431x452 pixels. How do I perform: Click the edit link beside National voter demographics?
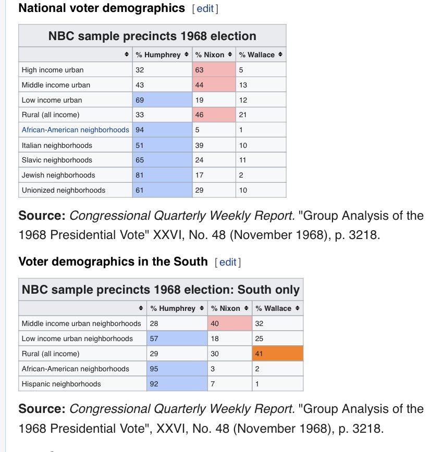pos(205,9)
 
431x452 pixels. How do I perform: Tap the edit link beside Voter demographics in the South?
pos(228,262)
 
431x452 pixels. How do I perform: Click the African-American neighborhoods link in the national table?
pos(75,130)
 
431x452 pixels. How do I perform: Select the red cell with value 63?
pos(214,70)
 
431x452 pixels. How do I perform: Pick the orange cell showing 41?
pos(278,354)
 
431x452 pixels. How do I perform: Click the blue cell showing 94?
pos(163,130)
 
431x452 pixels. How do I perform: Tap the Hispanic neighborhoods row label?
pos(61,384)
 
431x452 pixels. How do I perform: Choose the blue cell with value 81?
pos(163,175)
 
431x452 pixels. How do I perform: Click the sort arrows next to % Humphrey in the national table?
pos(187,54)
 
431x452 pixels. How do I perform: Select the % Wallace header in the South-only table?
pos(273,308)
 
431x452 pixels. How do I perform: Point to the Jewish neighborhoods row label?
pos(58,175)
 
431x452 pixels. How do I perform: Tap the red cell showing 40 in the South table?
pos(230,323)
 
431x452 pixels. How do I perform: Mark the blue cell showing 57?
pos(177,338)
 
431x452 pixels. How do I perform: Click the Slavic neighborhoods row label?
pos(57,160)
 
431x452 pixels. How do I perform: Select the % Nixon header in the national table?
pos(210,55)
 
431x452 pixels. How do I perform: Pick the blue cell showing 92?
pos(177,384)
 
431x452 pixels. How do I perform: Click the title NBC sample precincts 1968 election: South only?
pos(161,290)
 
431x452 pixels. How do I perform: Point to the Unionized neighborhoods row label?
pos(64,190)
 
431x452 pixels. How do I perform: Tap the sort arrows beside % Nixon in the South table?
pos(246,308)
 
